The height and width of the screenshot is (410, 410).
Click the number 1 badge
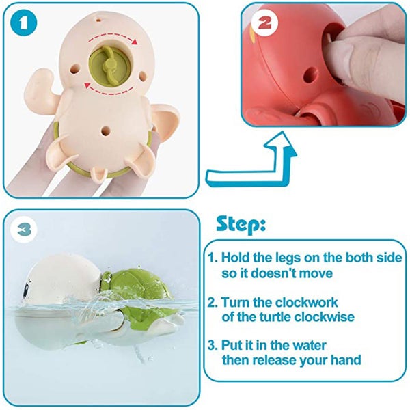point(25,25)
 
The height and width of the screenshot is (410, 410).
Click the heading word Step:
point(241,223)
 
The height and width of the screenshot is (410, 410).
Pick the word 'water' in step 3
point(303,345)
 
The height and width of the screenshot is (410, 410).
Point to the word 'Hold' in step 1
point(236,258)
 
